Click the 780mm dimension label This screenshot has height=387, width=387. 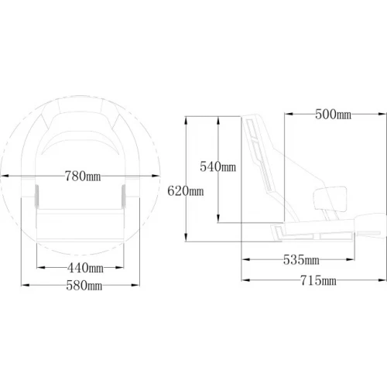(x=83, y=176)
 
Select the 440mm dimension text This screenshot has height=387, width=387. (x=85, y=268)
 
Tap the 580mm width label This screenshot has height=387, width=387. (x=84, y=286)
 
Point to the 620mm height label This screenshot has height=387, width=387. (x=186, y=191)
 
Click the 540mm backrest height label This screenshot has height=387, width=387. (x=218, y=166)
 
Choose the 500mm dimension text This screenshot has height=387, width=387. (x=333, y=114)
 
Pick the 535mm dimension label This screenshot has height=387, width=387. (x=301, y=259)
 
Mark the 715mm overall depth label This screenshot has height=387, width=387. (x=318, y=280)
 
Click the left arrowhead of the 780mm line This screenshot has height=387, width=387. (x=5, y=176)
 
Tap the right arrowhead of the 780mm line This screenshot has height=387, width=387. (x=156, y=176)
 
